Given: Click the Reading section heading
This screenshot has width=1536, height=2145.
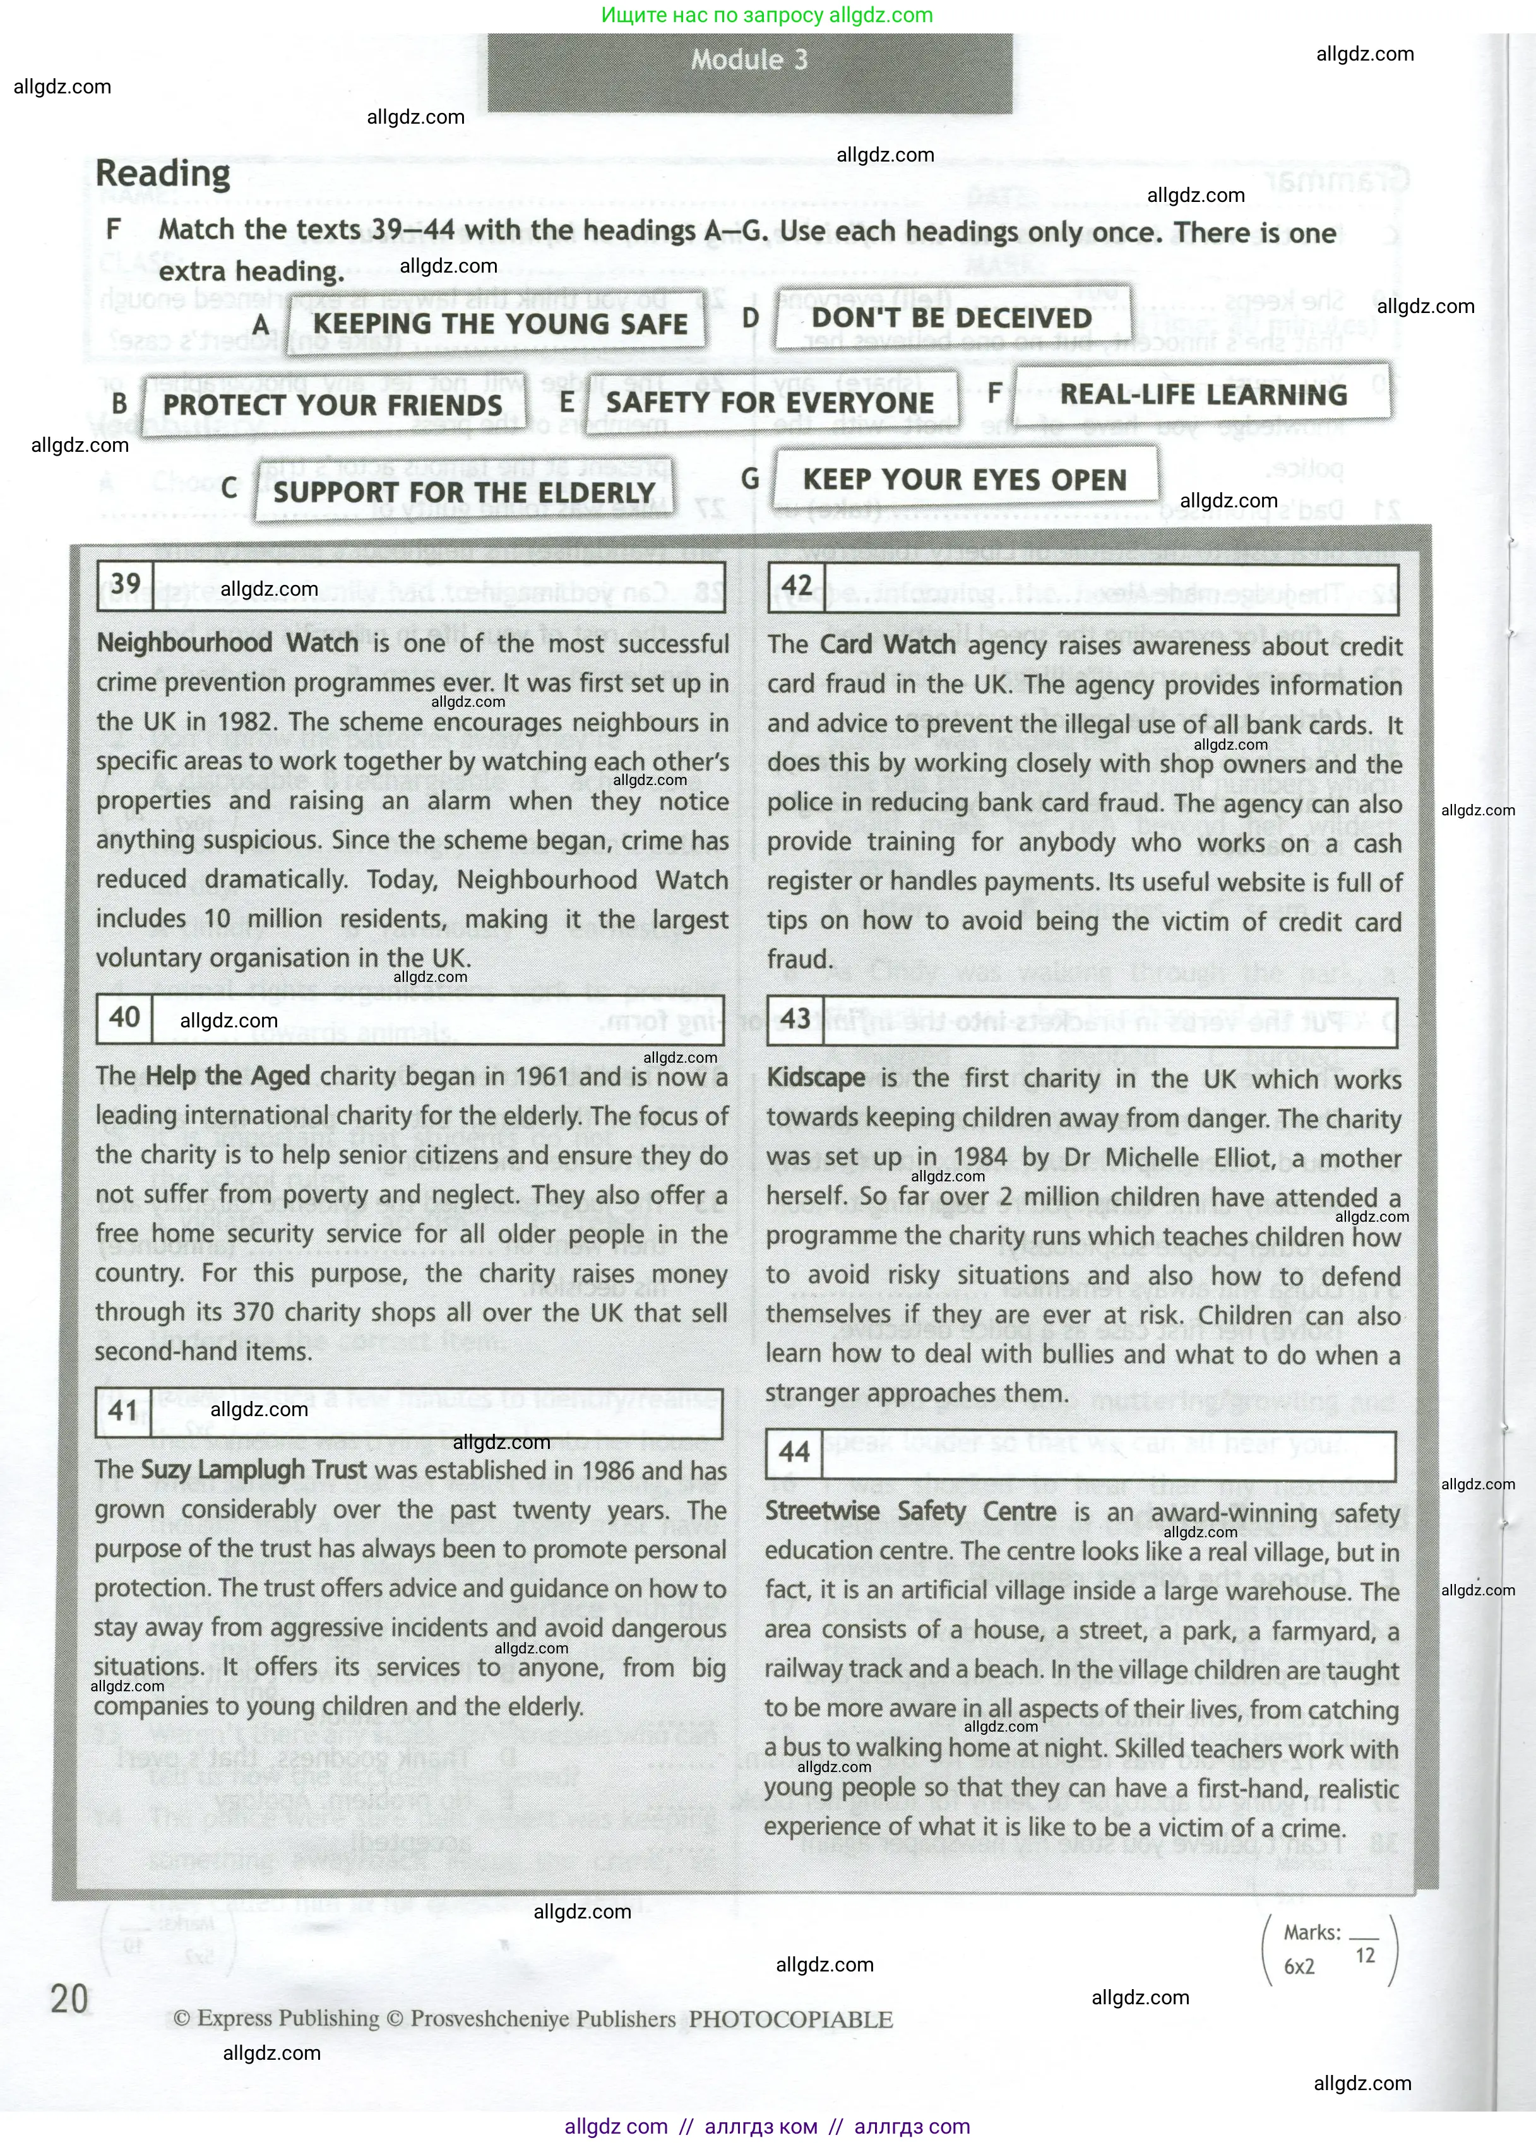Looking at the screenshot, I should coord(163,174).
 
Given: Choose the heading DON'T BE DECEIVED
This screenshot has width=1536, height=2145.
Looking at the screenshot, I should coord(951,317).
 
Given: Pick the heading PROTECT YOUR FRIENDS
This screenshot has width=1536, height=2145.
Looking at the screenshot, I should coord(332,405).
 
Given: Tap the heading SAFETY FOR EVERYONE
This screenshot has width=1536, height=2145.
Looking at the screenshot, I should coord(769,402).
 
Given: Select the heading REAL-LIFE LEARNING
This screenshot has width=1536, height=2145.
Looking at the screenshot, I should coord(1203,394).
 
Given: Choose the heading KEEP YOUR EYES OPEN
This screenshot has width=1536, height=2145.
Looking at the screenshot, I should coord(965,479).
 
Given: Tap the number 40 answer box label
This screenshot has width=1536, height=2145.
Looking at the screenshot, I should coord(124,1017).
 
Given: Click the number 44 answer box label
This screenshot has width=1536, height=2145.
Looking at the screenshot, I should coord(794,1452).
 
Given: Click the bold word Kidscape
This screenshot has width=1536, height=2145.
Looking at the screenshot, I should coord(815,1078).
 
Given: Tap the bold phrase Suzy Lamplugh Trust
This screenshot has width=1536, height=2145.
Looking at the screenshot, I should coord(254,1470).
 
